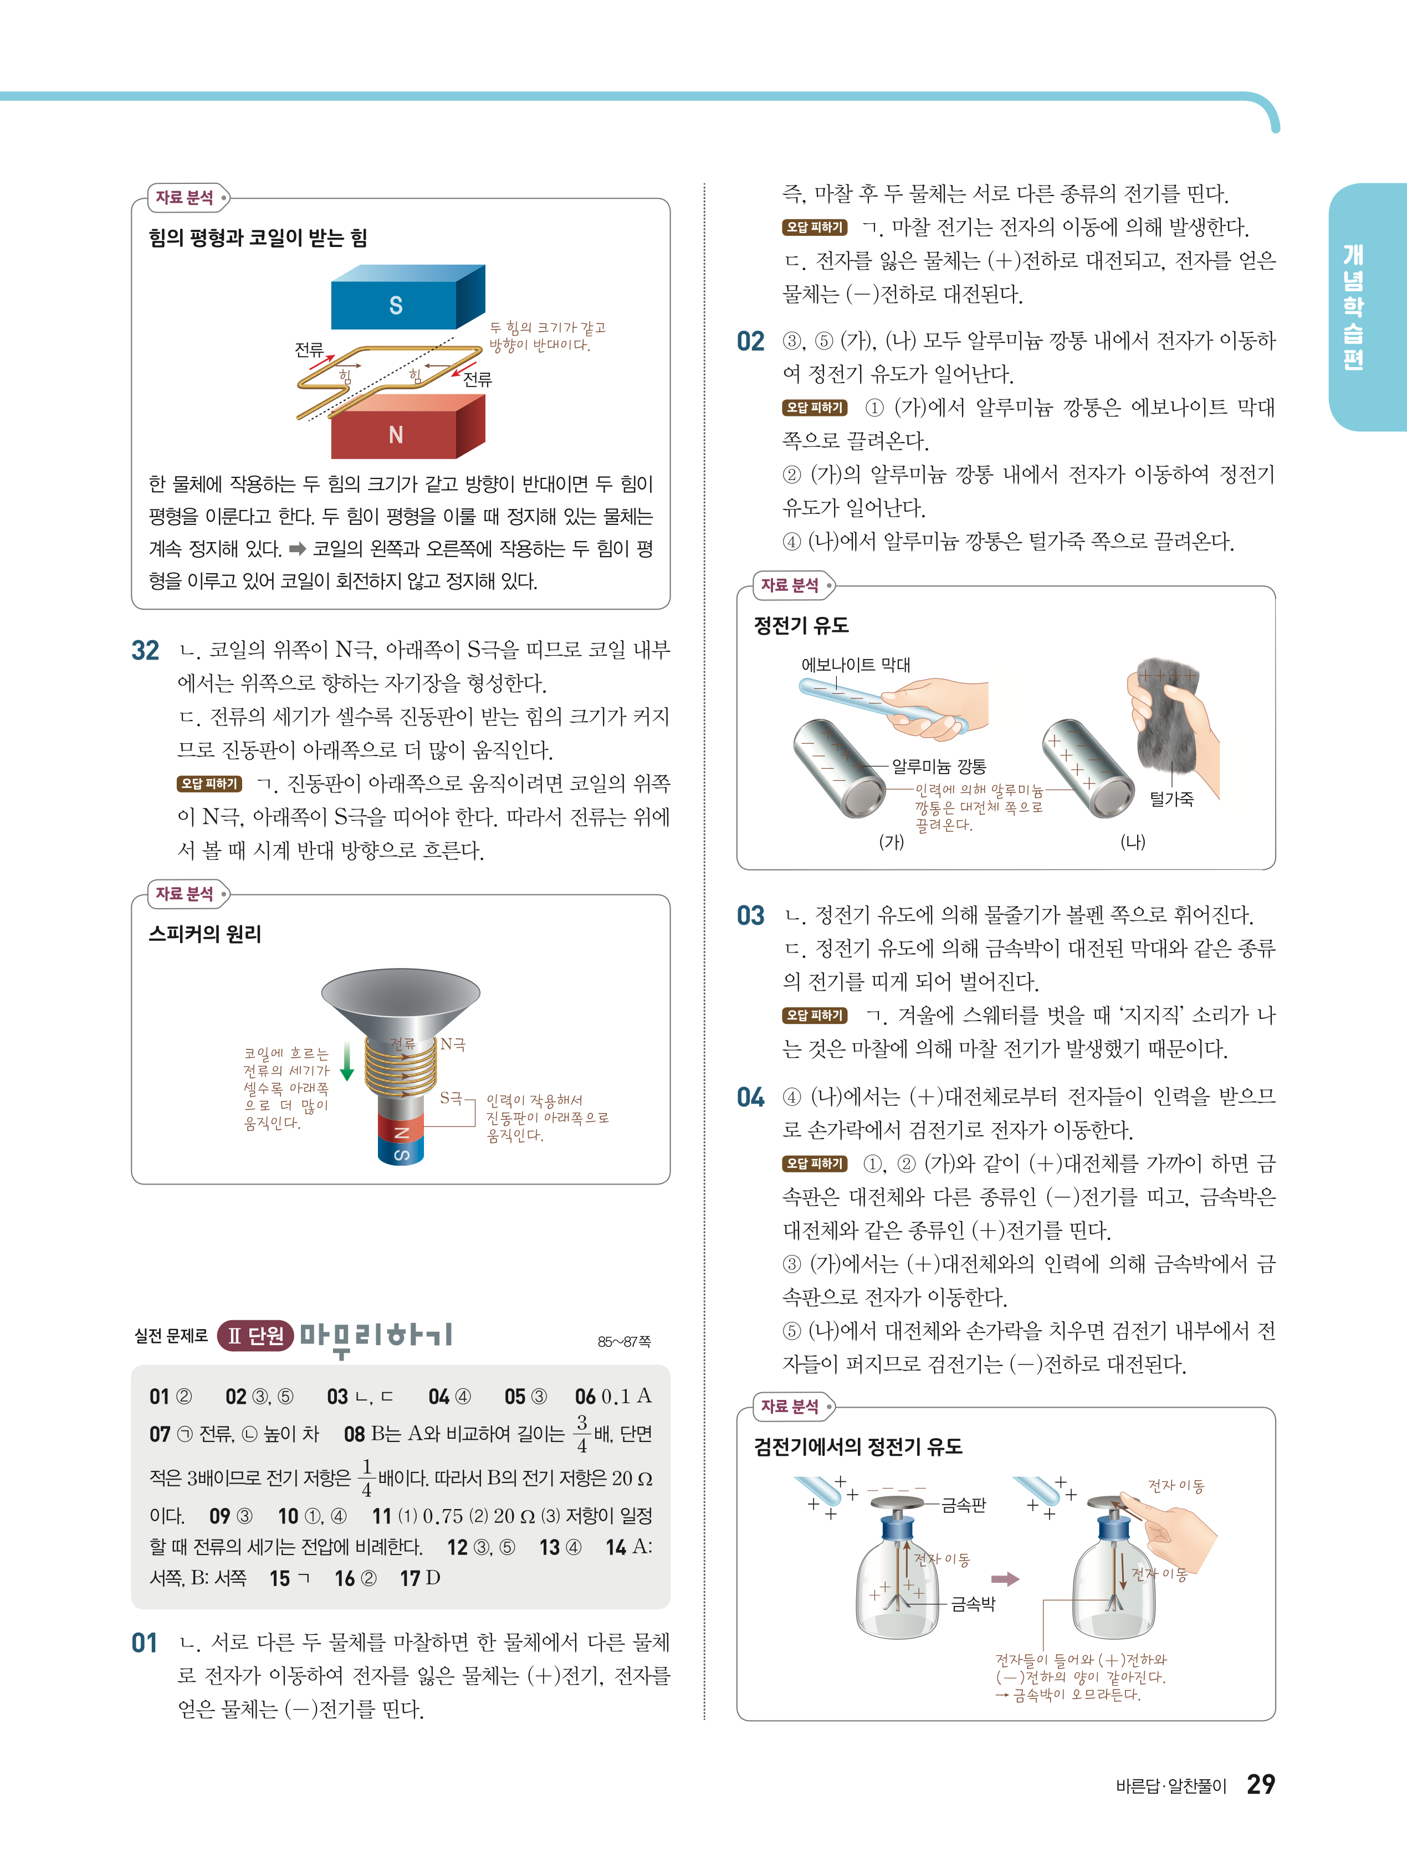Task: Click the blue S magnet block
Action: (x=407, y=297)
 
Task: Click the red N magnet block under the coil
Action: (x=407, y=428)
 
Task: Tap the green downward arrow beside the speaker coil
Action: (x=346, y=1062)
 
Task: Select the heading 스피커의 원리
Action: (x=205, y=934)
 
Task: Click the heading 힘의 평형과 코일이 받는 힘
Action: (x=258, y=238)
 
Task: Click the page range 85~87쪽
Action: (x=624, y=1341)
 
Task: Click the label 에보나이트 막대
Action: (x=856, y=665)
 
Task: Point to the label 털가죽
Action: (x=1172, y=799)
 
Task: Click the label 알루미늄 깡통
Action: (x=939, y=766)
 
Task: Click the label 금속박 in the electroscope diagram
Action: (x=973, y=1604)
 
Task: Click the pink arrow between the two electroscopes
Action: (x=1005, y=1578)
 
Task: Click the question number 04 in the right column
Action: (x=750, y=1097)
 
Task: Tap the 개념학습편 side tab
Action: (x=1353, y=307)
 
